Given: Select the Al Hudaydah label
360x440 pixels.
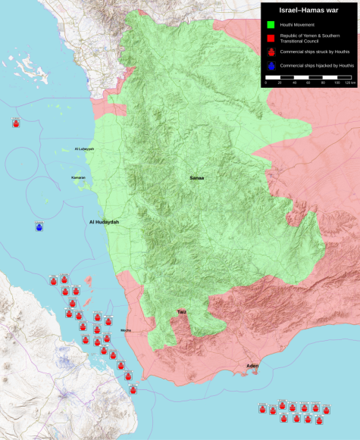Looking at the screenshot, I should (x=104, y=222).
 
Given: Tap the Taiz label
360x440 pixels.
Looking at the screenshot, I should (x=182, y=311).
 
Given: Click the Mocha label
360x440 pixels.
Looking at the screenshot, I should (x=126, y=330).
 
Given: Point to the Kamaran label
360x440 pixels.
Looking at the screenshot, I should (x=79, y=178).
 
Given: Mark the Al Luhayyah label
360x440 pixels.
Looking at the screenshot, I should (x=84, y=149).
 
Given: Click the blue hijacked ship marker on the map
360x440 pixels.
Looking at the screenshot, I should (x=39, y=226).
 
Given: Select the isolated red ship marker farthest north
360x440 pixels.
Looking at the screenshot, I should (x=16, y=122).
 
